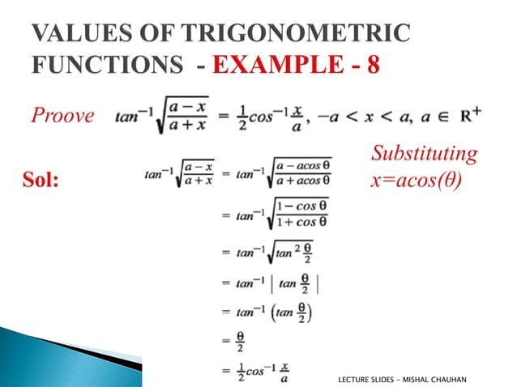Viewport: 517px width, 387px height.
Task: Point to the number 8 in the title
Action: pos(372,64)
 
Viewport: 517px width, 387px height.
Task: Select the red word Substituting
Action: pos(423,154)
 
